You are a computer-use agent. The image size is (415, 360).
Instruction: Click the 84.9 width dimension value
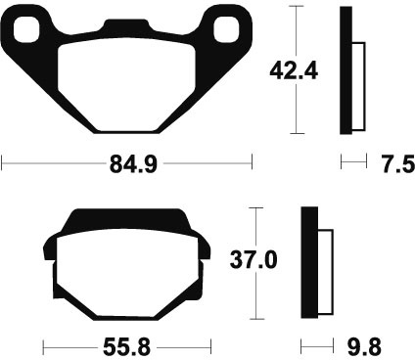pos(133,164)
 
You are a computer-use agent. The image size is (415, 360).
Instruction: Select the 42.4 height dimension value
pos(294,71)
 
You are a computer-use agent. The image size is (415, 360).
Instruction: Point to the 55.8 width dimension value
pos(126,347)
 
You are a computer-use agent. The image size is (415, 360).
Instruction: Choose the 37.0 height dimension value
pos(254,260)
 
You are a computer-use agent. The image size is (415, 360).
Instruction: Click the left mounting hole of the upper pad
pos(26,29)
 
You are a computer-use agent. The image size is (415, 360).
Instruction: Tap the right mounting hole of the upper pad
pos(227,29)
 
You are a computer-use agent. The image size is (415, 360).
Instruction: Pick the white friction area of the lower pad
pos(127,272)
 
